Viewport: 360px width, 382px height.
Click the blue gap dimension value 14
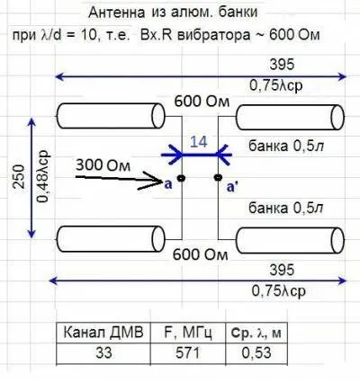pyautogui.click(x=199, y=141)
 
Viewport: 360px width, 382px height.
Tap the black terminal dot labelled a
pyautogui.click(x=181, y=178)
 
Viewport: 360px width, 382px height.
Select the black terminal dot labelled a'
pyautogui.click(x=218, y=178)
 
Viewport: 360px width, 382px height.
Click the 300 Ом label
pyautogui.click(x=103, y=165)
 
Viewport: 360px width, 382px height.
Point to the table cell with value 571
pyautogui.click(x=188, y=352)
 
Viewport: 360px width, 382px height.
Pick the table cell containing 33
pyautogui.click(x=103, y=352)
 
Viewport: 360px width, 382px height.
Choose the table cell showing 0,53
pyautogui.click(x=256, y=352)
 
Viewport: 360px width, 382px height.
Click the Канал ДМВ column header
pyautogui.click(x=103, y=333)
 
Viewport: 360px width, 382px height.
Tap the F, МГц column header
pyautogui.click(x=188, y=333)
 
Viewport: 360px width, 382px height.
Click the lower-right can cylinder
pyautogui.click(x=290, y=241)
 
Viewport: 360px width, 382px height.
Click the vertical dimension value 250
pyautogui.click(x=19, y=176)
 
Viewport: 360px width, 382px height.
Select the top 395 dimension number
pyautogui.click(x=282, y=65)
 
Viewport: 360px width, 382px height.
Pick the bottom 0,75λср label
pyautogui.click(x=279, y=290)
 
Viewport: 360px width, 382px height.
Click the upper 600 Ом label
pyautogui.click(x=202, y=102)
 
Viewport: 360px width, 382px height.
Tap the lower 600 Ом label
pyautogui.click(x=200, y=254)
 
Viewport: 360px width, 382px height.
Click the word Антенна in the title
pyautogui.click(x=117, y=13)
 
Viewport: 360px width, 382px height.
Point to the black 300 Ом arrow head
pyautogui.click(x=153, y=181)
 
